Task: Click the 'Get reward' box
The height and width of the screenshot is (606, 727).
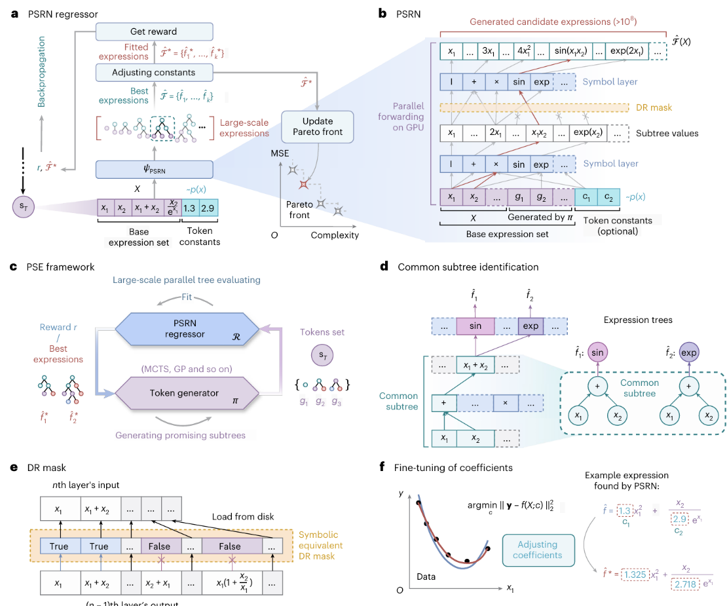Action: (x=155, y=31)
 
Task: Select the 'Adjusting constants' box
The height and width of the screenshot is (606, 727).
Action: (x=155, y=72)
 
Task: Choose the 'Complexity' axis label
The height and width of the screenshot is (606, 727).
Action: (x=334, y=235)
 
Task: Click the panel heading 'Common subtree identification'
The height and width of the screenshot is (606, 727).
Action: (x=468, y=267)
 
